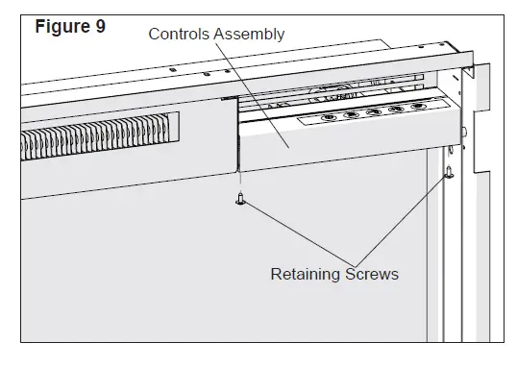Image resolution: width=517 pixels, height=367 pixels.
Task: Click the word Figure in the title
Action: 62,26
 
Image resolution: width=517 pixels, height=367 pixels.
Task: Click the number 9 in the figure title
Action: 99,26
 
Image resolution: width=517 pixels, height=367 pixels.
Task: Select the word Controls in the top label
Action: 179,35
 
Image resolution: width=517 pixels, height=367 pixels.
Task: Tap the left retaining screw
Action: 241,199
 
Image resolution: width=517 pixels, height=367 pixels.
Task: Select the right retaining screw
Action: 449,174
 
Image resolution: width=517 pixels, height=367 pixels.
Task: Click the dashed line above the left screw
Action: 241,183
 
